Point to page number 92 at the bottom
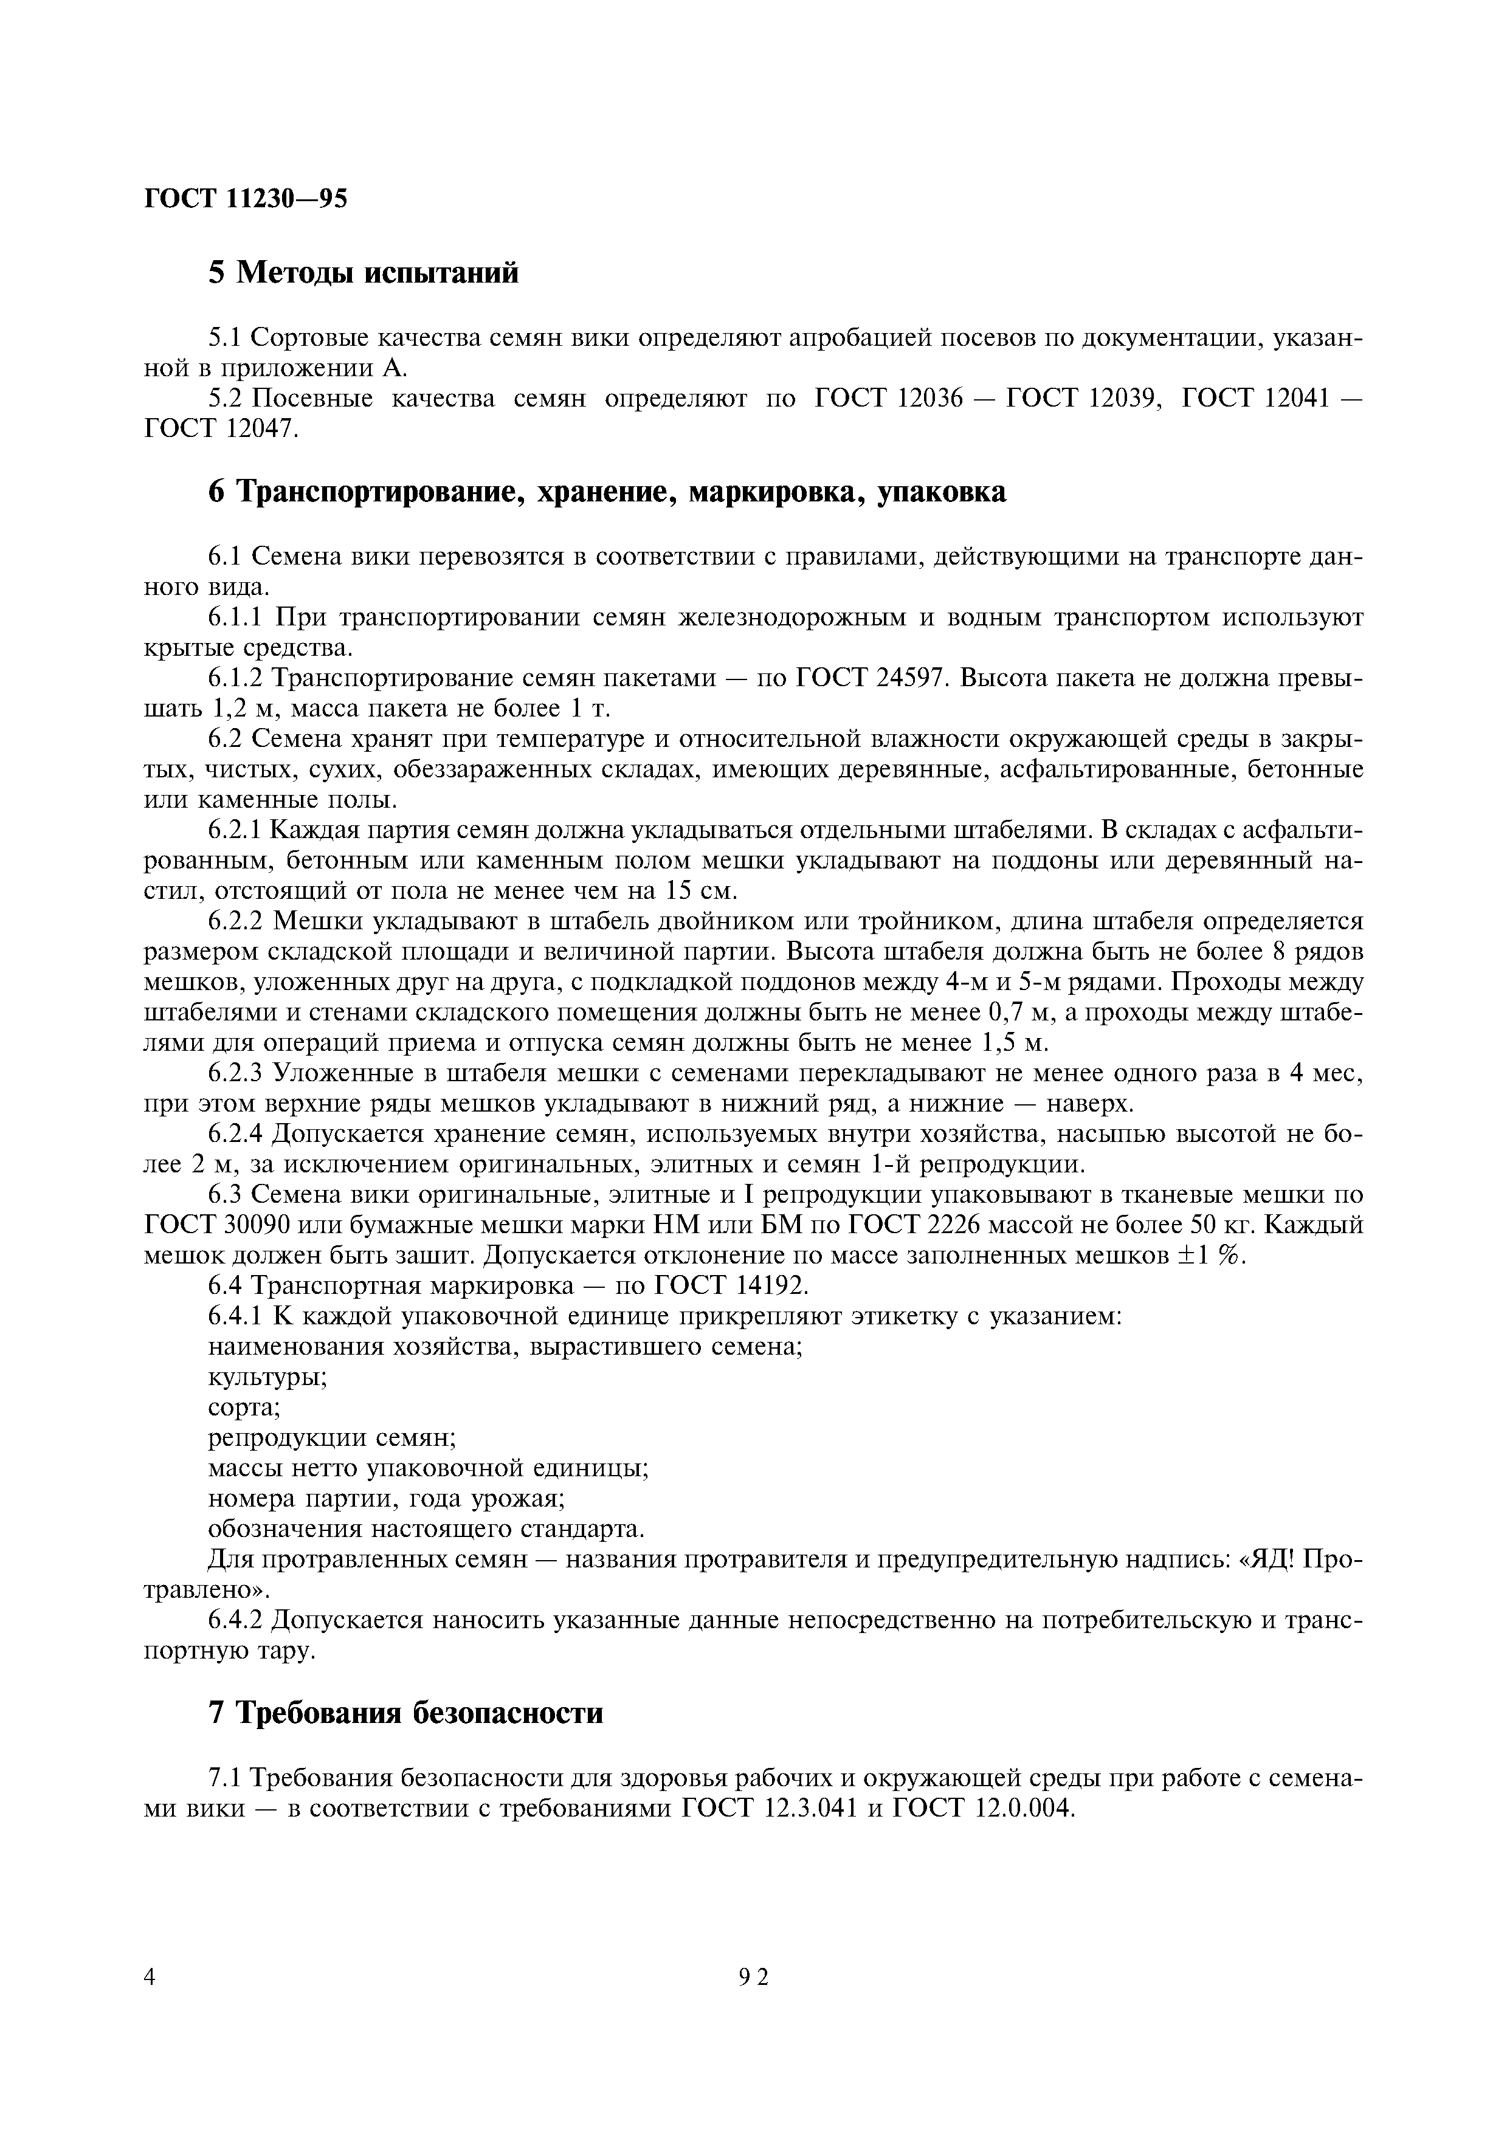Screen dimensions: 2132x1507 tap(754, 2004)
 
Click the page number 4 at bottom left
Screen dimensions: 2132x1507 tap(150, 2004)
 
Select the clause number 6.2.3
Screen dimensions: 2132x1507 tap(236, 1075)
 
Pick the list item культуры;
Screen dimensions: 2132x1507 tap(266, 1378)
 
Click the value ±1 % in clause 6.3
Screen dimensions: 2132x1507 tap(1209, 1256)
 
